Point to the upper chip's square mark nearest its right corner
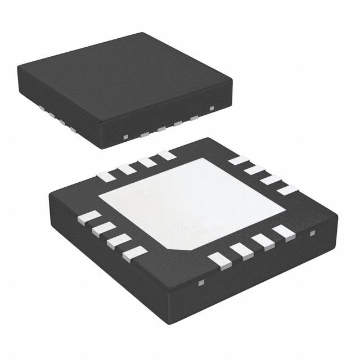tap(211, 107)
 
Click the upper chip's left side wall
tap(67, 113)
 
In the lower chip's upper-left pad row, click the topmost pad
tap(166, 155)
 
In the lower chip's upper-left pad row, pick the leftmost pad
tap(106, 176)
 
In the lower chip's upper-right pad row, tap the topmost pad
tap(238, 160)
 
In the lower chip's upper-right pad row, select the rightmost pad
tap(287, 190)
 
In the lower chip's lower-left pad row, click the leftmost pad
tap(90, 217)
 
